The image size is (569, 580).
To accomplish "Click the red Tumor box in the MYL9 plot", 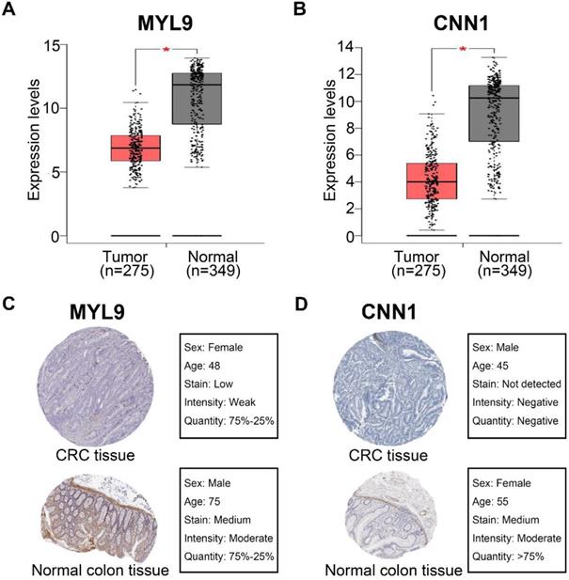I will click(135, 149).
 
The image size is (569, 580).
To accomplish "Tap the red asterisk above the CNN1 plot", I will click(462, 47).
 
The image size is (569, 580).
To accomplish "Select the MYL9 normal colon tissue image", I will click(86, 515).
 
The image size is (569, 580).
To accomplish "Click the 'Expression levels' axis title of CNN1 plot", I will click(330, 134).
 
